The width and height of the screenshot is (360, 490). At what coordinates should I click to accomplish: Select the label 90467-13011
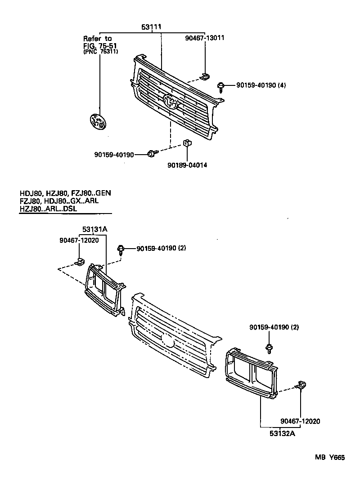[x=205, y=38]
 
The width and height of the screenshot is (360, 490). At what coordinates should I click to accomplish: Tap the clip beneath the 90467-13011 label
[x=204, y=76]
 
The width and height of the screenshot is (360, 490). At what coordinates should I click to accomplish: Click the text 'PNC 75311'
[x=101, y=52]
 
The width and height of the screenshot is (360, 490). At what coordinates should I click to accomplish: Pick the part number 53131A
[x=94, y=229]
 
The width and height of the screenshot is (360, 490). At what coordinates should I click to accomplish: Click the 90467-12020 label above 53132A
[x=300, y=421]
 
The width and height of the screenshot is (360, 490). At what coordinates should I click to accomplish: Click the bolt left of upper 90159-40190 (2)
[x=121, y=249]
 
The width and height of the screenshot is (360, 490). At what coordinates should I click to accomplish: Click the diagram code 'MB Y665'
[x=329, y=458]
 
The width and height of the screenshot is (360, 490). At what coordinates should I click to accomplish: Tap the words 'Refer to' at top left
[x=97, y=39]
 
